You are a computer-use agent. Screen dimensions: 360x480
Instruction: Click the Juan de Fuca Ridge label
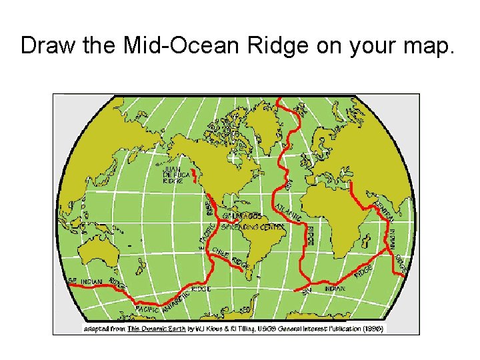point(175,175)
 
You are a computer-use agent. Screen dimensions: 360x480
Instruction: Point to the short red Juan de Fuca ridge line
point(195,176)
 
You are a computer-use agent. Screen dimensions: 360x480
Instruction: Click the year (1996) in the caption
point(372,328)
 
